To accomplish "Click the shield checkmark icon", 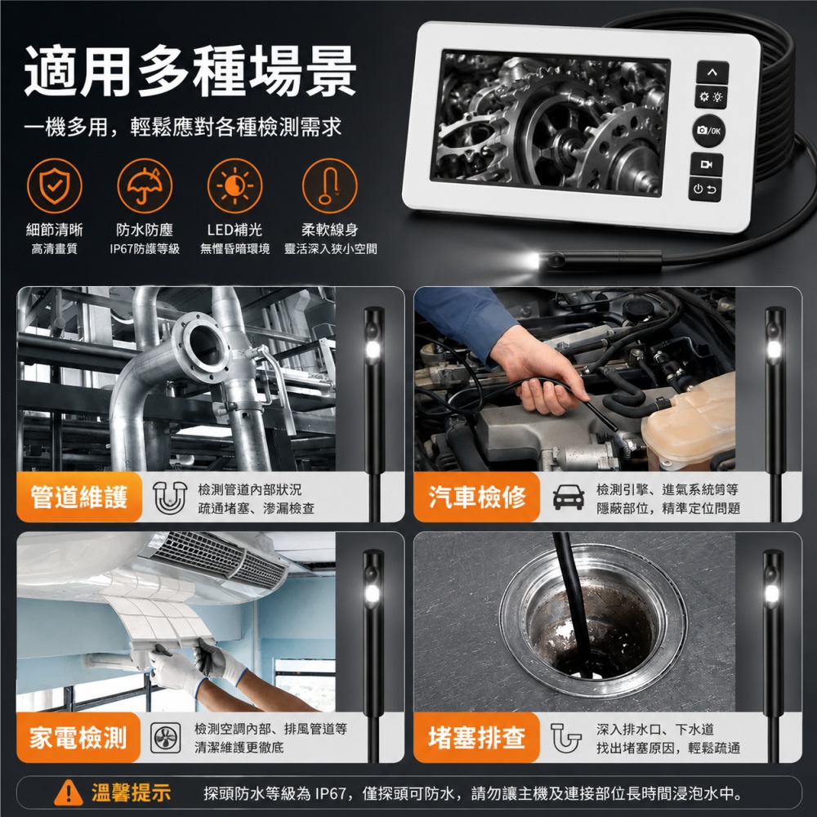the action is click(x=54, y=186).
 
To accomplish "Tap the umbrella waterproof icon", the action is click(x=145, y=186).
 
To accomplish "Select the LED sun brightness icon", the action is click(x=234, y=186).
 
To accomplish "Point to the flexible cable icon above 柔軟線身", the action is click(x=329, y=186).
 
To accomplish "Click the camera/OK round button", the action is click(x=708, y=130).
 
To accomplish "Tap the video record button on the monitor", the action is click(x=706, y=164).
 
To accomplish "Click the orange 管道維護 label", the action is click(x=79, y=497).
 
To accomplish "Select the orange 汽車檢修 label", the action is click(x=477, y=497).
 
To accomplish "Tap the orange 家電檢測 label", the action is click(x=78, y=737).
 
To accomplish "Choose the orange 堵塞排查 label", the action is click(x=477, y=737).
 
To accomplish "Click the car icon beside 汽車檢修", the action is click(x=568, y=497).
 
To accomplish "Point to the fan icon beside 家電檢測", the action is click(x=166, y=738).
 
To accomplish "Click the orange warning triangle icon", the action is click(x=69, y=792).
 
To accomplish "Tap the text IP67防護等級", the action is click(x=145, y=249).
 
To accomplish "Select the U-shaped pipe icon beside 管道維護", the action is click(x=170, y=498).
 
